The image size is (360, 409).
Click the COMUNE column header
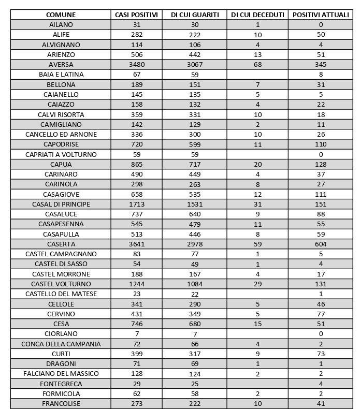click(61, 15)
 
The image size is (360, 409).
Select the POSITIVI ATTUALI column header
click(321, 15)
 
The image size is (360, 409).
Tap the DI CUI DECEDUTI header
click(257, 15)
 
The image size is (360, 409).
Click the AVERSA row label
click(61, 65)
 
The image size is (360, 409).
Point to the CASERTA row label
click(61, 244)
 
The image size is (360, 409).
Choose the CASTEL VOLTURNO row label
click(61, 284)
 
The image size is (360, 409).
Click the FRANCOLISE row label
click(61, 404)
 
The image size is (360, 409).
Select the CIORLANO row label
click(61, 334)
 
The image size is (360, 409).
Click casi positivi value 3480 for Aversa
click(137, 65)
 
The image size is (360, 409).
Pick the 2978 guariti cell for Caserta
click(196, 244)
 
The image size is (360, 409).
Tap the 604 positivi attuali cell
click(321, 244)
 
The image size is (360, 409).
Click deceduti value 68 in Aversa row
click(257, 65)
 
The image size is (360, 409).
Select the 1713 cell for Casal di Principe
click(137, 204)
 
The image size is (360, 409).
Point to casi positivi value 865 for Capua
click(137, 165)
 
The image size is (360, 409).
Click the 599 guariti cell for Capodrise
click(196, 144)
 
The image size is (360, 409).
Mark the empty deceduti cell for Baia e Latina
click(257, 75)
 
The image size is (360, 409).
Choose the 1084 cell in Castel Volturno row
click(196, 284)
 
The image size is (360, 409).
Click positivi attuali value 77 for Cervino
click(321, 314)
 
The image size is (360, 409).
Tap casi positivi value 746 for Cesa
click(137, 324)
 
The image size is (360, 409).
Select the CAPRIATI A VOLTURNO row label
click(61, 155)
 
